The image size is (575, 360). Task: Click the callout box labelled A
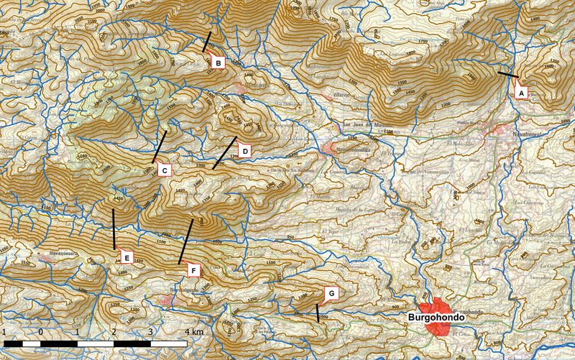click(x=522, y=92)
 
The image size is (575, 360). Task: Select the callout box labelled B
click(x=217, y=63)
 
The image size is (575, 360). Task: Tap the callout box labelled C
click(x=164, y=170)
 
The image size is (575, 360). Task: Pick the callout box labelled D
click(x=244, y=151)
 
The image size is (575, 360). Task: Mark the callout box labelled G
click(x=331, y=293)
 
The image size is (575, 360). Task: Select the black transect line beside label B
click(x=207, y=42)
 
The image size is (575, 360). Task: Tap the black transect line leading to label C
click(x=159, y=147)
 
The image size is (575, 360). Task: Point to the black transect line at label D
click(x=224, y=153)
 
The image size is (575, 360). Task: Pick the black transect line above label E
click(x=114, y=229)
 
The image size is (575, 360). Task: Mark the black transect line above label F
click(x=185, y=242)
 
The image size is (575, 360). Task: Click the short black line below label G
click(x=317, y=313)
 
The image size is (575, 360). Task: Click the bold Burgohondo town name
click(x=433, y=315)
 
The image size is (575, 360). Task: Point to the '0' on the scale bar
click(x=42, y=332)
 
